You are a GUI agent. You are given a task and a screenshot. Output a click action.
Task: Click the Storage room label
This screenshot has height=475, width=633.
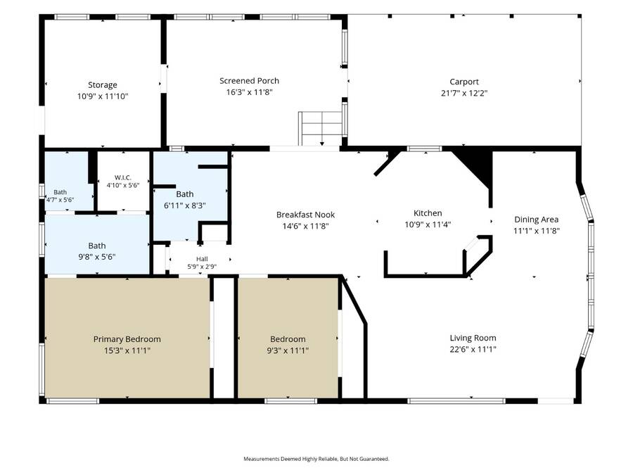[103, 85]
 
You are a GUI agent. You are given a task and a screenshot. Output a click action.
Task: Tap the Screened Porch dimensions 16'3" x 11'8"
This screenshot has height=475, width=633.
[249, 92]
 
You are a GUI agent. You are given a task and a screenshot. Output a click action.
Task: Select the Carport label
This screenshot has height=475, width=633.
[464, 82]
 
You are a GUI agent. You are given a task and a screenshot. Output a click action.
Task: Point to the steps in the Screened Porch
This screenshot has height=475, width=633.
[321, 129]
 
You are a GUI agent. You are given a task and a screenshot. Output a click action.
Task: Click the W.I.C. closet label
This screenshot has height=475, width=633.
[122, 178]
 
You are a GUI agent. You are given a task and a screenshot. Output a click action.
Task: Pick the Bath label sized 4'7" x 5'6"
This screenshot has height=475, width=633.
[60, 192]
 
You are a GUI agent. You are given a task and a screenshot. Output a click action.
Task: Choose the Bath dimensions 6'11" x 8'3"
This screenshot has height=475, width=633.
[185, 205]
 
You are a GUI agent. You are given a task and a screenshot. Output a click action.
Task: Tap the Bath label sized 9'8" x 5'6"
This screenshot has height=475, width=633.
[97, 246]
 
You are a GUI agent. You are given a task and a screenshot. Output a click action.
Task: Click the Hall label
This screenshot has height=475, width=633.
[203, 259]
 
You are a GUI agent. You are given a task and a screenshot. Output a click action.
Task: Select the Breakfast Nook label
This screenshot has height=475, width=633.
[306, 215]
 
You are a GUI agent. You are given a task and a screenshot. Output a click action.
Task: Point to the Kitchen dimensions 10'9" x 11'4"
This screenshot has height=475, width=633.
[428, 224]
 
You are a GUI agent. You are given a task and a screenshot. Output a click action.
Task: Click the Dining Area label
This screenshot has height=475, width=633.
[537, 220]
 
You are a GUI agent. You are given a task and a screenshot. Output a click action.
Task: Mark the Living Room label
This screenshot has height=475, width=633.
[473, 338]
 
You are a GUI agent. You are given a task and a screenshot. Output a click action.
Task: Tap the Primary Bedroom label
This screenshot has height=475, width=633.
[127, 339]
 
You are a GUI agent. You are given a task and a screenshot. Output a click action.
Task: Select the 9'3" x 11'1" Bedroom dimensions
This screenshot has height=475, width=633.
[288, 350]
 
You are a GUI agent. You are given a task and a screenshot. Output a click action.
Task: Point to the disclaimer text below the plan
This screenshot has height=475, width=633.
[316, 459]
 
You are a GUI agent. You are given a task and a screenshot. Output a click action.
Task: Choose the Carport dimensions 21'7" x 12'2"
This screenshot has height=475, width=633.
[464, 94]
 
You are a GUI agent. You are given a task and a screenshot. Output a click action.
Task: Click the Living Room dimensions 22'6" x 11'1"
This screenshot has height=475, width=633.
[473, 349]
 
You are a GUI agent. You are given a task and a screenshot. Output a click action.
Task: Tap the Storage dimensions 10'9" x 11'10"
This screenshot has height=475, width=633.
[103, 96]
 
